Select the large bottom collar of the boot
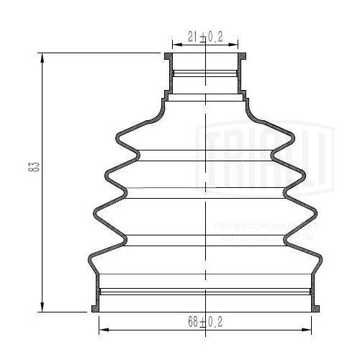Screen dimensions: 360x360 (x=206, y=292)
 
